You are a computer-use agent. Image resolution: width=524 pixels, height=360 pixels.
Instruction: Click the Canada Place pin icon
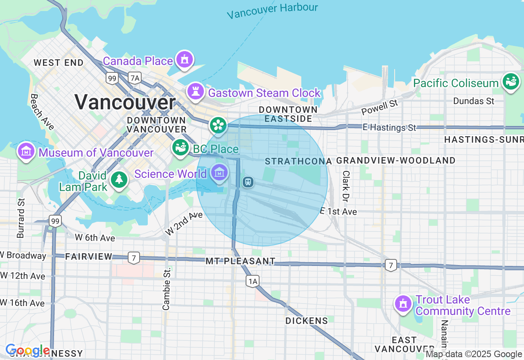coord(185,60)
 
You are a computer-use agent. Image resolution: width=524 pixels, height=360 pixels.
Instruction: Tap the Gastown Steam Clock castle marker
coord(195,91)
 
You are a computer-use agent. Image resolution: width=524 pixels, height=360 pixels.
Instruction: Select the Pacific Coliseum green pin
coord(510,82)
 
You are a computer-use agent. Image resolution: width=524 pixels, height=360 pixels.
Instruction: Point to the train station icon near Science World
coord(248,182)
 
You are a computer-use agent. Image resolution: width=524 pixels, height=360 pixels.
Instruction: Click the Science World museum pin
coord(219,173)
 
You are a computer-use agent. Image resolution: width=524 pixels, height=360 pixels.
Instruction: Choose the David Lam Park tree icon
coord(119,180)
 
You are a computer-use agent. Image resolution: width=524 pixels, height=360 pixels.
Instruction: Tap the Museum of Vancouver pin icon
coord(26,152)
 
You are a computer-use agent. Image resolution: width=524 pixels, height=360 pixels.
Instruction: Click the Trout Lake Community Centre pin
coord(403,304)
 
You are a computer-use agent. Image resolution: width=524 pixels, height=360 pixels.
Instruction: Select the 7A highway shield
coord(134,78)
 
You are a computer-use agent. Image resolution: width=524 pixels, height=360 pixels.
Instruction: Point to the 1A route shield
coord(253,281)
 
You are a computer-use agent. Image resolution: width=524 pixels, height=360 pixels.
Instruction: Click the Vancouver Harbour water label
coord(272,11)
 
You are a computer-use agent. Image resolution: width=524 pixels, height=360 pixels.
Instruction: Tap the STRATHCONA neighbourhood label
coord(298,161)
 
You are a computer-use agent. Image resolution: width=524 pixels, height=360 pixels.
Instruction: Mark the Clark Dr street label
coord(346,186)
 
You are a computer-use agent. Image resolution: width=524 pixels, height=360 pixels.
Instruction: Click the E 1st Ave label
coord(338,211)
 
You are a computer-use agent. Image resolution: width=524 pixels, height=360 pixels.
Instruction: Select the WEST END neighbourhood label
coord(59,63)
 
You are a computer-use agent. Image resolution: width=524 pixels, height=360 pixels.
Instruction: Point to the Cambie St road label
coord(166,289)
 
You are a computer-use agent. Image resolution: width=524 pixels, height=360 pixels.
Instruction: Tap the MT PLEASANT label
coord(240,261)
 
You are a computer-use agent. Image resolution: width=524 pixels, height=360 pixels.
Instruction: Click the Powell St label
coord(379,108)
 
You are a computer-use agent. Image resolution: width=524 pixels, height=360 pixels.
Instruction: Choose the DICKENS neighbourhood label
coord(307,321)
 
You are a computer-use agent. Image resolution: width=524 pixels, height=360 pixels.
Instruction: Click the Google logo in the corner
coord(28,351)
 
